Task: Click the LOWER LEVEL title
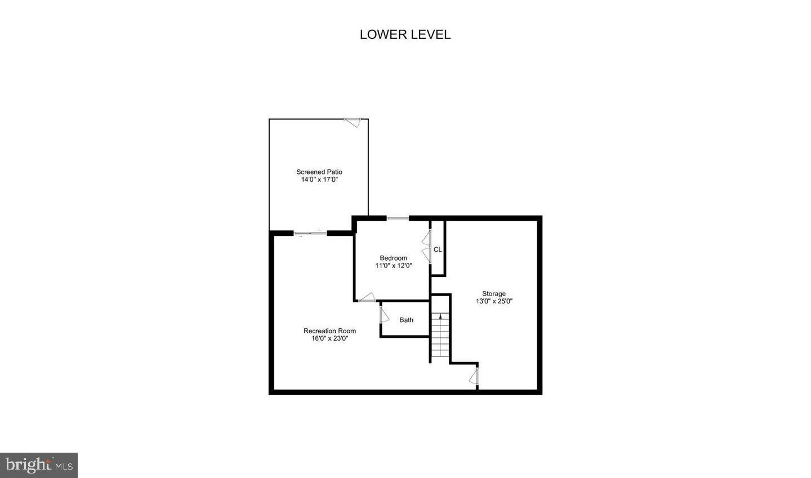(x=405, y=34)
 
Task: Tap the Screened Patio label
(x=319, y=172)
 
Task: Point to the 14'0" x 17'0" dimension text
(x=319, y=180)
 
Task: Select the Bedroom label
(x=393, y=258)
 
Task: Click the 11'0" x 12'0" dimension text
(x=394, y=266)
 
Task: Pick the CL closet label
(x=438, y=249)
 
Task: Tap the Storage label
(x=494, y=293)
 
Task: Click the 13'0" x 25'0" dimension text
(x=494, y=301)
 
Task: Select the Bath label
(x=407, y=320)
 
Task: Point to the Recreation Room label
(x=329, y=330)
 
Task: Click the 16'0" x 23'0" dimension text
(x=329, y=338)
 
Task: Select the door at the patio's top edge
(x=353, y=121)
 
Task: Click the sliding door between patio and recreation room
(x=310, y=233)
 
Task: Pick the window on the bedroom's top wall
(x=398, y=218)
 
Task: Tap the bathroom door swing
(x=384, y=314)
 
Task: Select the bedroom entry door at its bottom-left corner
(x=367, y=298)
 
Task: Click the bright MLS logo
(x=39, y=465)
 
